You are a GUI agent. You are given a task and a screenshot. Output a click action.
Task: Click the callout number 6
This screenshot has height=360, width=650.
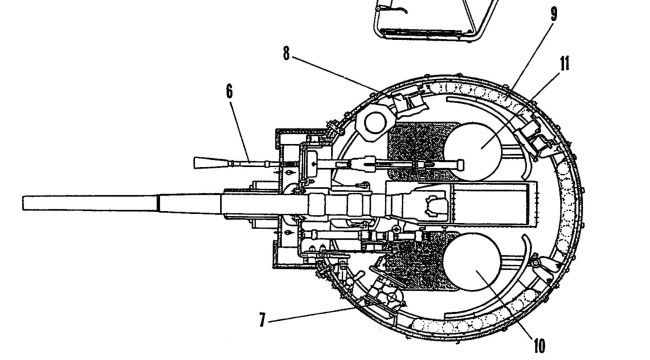[230, 92]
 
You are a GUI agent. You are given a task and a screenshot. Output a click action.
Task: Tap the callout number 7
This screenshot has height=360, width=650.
[262, 320]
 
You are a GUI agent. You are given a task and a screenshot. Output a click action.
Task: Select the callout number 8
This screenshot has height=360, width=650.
[286, 54]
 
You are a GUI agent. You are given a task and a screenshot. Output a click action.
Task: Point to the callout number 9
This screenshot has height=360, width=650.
[553, 15]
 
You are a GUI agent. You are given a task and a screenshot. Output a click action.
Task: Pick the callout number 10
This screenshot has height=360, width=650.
[539, 345]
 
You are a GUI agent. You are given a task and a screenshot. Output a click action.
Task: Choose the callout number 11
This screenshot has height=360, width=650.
[565, 64]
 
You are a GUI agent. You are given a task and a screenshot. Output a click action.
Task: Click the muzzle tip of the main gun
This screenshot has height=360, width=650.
[23, 203]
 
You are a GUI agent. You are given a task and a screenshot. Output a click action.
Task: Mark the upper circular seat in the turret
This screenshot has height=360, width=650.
[472, 152]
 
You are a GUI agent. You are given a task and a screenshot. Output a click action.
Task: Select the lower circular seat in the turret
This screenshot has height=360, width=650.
[472, 262]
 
